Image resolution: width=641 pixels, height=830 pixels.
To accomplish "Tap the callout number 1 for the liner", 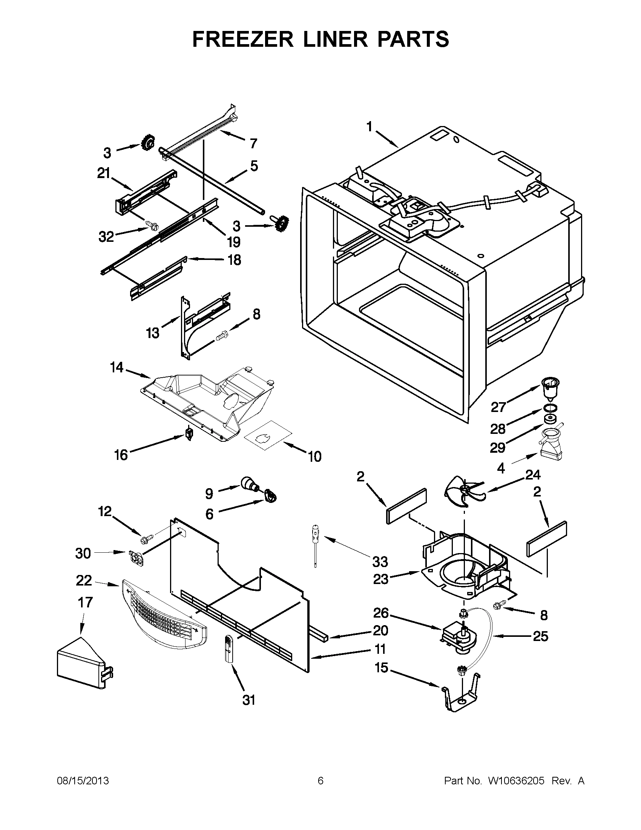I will (x=370, y=127).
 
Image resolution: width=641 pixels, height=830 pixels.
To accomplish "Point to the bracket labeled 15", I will (x=461, y=696).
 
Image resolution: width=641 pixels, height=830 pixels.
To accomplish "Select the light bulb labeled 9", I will (x=249, y=483).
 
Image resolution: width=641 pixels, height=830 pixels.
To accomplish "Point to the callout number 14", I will (x=117, y=368).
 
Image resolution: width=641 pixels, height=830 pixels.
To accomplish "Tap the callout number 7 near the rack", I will (x=253, y=144).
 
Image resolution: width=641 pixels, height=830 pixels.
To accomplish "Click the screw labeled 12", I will (x=147, y=538).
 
